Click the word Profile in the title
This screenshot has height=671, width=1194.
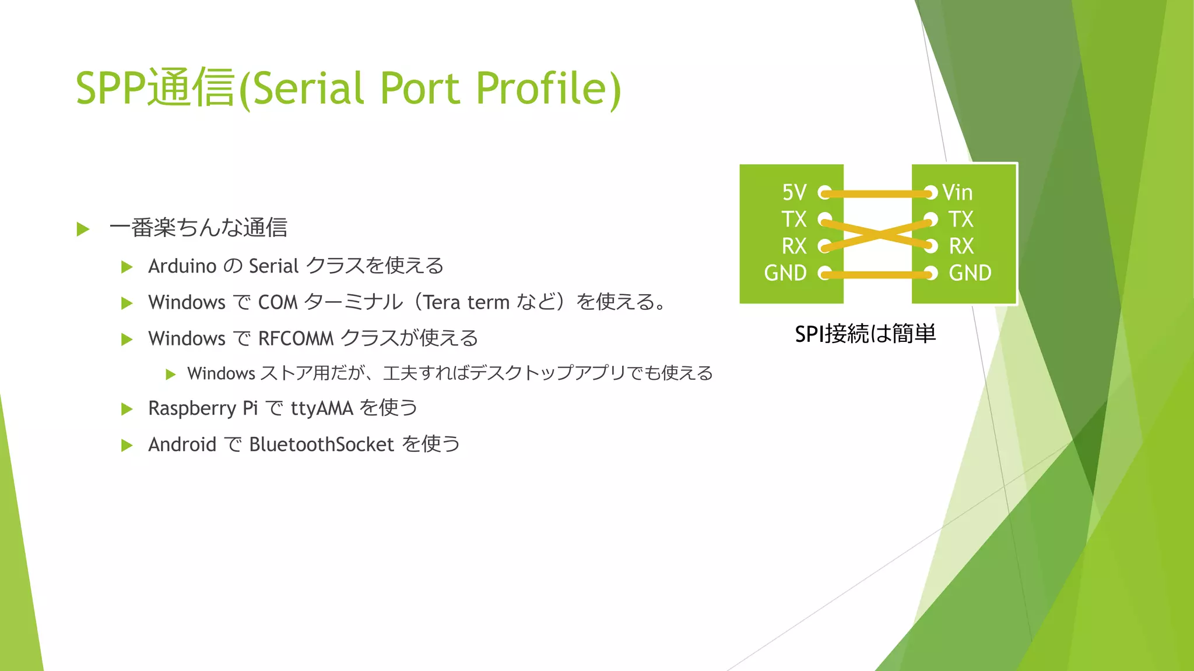click(x=548, y=89)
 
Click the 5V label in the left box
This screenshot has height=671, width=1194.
click(x=794, y=192)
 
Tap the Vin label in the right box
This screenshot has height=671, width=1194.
click(x=957, y=192)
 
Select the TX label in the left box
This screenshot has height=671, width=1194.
click(x=794, y=220)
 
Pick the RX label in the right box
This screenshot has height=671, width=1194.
click(x=961, y=246)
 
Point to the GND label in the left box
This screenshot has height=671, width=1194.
click(x=785, y=273)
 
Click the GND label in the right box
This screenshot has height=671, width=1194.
click(x=970, y=273)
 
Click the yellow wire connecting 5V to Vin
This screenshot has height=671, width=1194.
click(x=877, y=193)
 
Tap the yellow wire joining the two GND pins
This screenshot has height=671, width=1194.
click(x=877, y=274)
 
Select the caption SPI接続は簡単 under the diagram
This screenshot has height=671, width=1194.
click(x=865, y=334)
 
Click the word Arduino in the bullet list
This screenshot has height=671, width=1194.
click(x=182, y=266)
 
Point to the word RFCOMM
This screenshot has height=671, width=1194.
click(x=296, y=338)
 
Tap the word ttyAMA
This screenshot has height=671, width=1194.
click(x=322, y=408)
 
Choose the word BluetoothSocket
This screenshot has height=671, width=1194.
click(x=321, y=444)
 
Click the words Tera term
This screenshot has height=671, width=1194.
click(x=466, y=302)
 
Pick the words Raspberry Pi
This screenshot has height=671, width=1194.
click(x=203, y=408)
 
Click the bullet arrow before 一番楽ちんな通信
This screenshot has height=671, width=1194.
click(x=83, y=229)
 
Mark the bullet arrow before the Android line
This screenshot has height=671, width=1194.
click(x=127, y=446)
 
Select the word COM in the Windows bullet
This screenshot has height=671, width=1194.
click(x=278, y=302)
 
